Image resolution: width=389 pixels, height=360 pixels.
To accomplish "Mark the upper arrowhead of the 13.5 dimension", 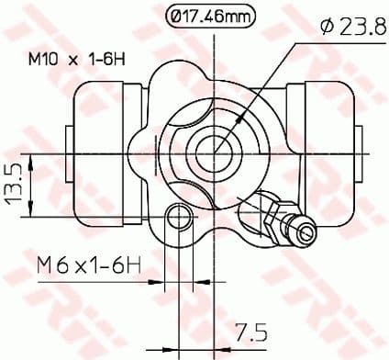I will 32,163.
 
